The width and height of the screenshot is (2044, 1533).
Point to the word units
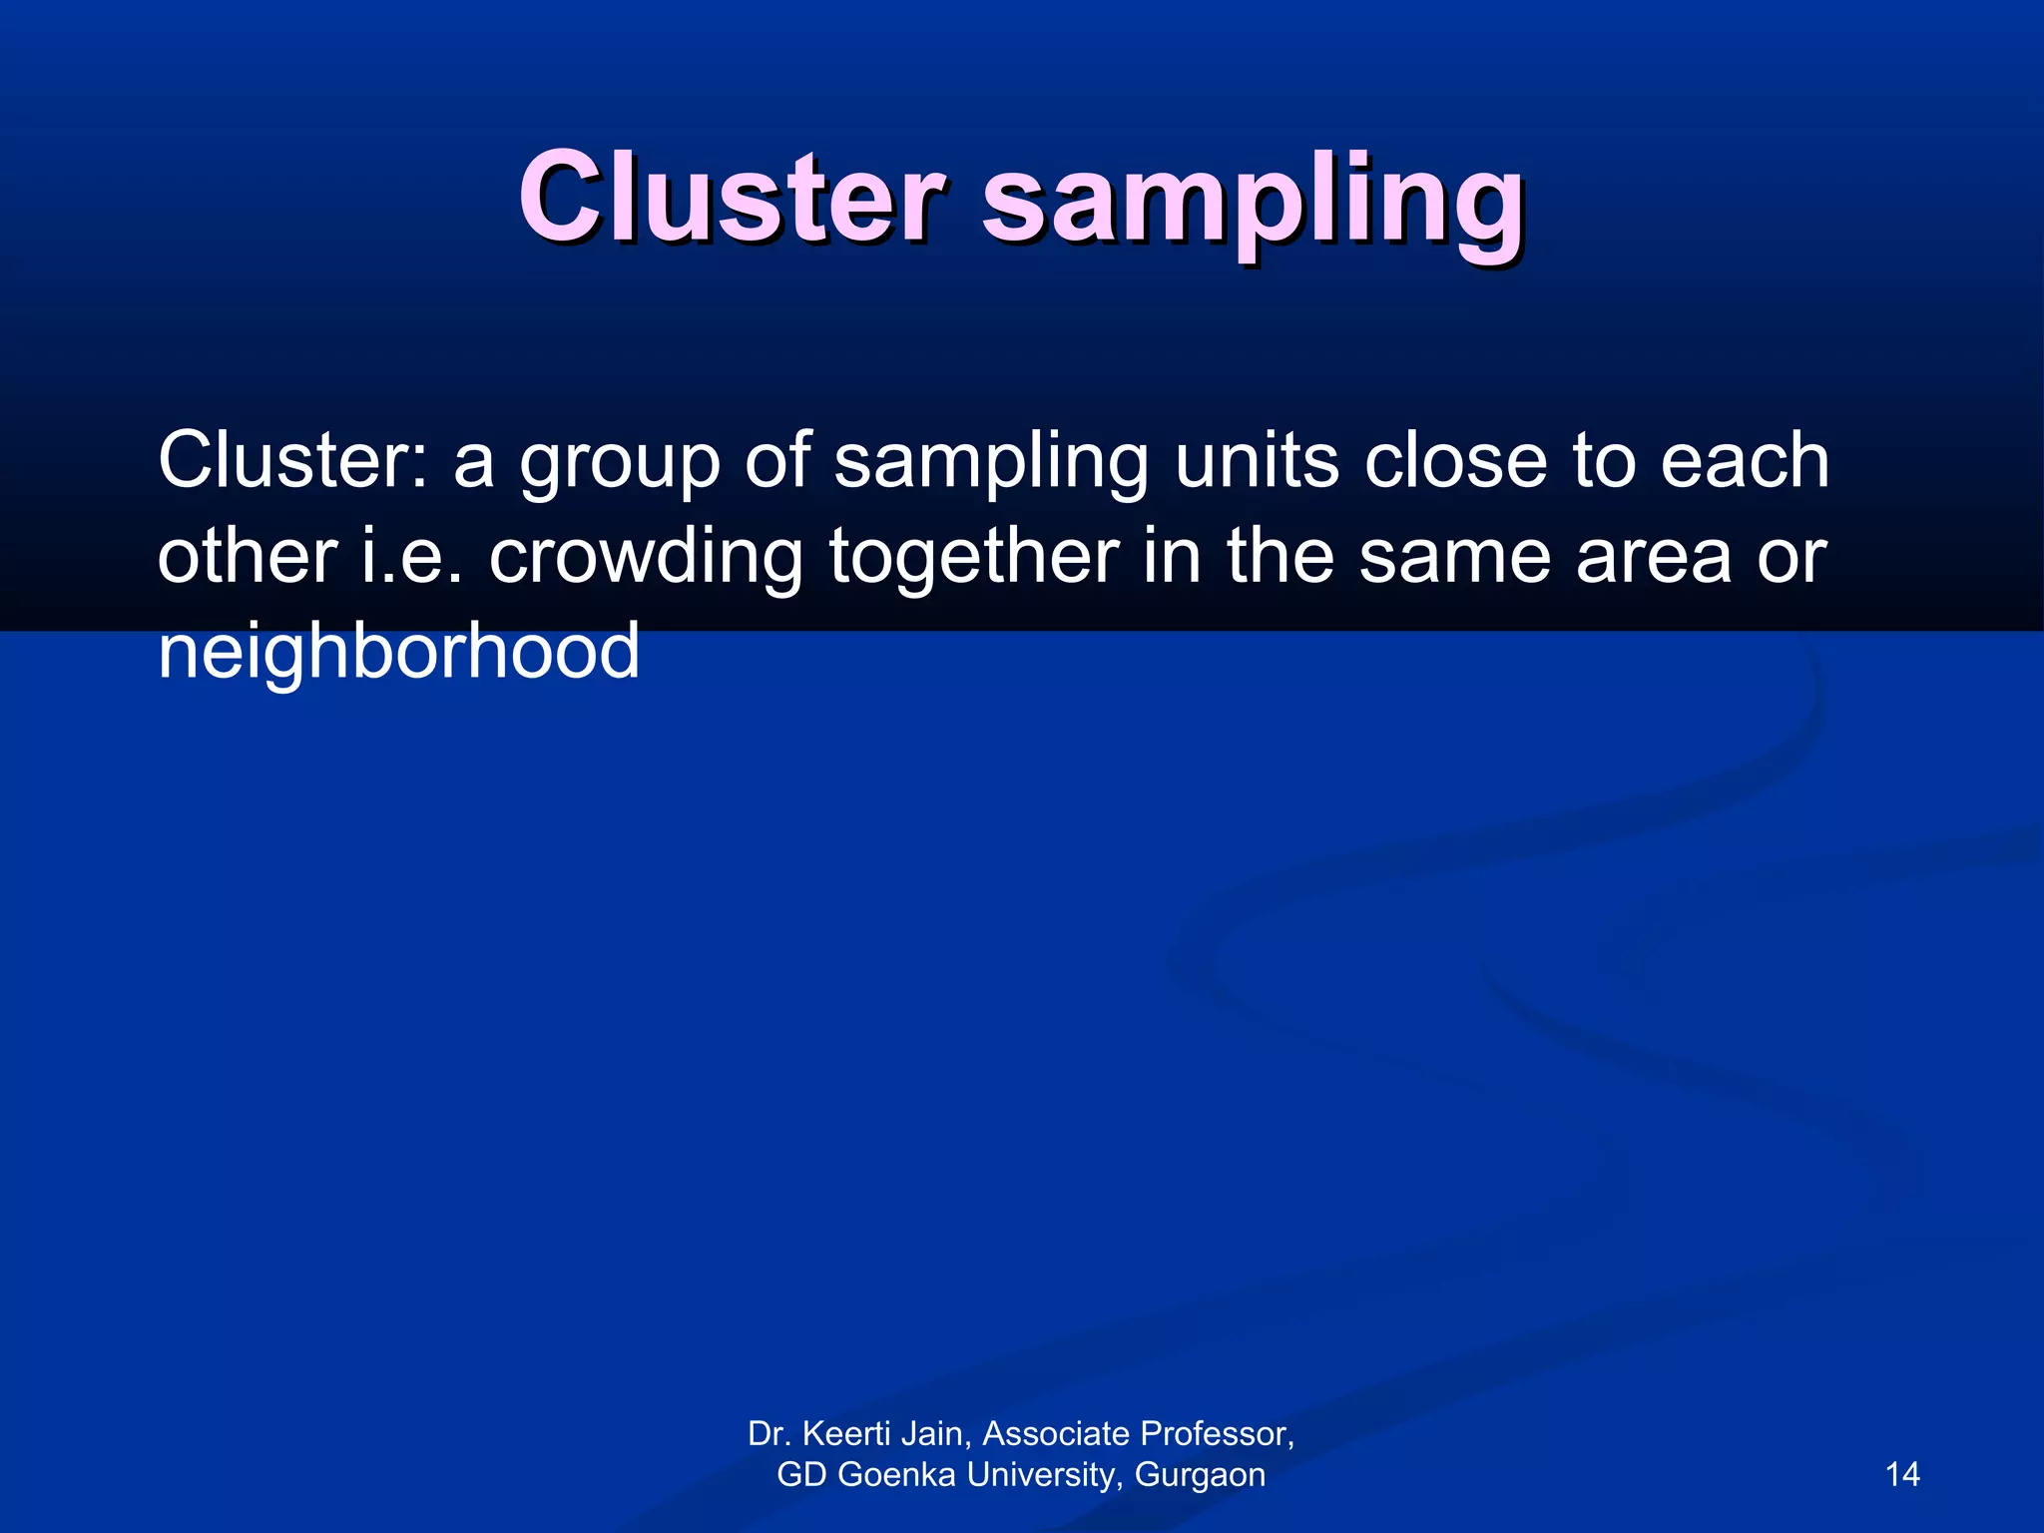pos(1257,460)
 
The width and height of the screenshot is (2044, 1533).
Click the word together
pos(974,557)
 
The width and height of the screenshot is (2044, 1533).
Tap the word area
pos(1653,557)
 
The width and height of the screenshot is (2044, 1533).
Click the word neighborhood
pos(398,651)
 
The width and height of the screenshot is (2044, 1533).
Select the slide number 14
pos(1902,1474)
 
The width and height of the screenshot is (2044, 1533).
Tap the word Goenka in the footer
pos(896,1474)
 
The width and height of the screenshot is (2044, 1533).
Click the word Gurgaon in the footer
pos(1200,1475)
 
